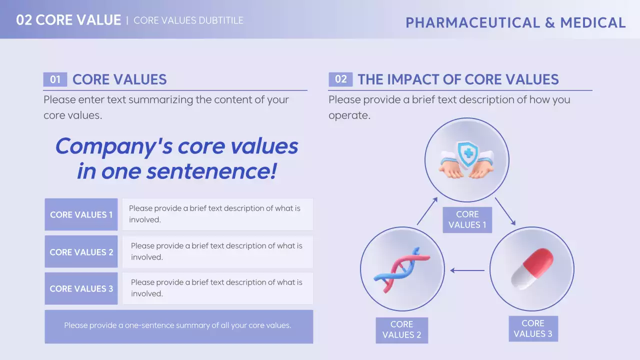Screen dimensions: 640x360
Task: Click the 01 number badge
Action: click(55, 79)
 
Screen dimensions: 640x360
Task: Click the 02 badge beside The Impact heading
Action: click(340, 79)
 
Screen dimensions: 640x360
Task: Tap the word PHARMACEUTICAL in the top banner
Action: click(473, 23)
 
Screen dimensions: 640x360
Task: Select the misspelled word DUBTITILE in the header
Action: click(221, 20)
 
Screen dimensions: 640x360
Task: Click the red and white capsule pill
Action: click(532, 269)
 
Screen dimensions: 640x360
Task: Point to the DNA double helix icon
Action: click(402, 270)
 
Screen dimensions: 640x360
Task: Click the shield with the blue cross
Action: click(467, 155)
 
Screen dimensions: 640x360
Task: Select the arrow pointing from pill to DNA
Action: click(467, 270)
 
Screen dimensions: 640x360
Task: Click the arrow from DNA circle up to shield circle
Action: click(427, 211)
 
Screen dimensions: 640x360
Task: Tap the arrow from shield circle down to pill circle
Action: click(505, 211)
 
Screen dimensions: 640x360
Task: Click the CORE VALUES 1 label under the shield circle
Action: click(467, 219)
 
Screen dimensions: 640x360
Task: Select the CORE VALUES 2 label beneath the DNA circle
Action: click(401, 330)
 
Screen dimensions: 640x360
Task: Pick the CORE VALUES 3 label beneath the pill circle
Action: click(533, 328)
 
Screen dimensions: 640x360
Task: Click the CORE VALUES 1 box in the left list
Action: click(81, 214)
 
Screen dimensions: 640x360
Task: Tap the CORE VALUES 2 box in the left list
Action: click(81, 251)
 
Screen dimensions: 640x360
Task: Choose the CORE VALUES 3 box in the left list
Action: click(81, 288)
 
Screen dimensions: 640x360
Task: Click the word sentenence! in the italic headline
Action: click(211, 171)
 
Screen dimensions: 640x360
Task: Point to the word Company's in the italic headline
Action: click(114, 147)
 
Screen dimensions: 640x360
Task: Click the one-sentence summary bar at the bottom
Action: click(179, 326)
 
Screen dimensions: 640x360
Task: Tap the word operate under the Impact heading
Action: click(349, 115)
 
